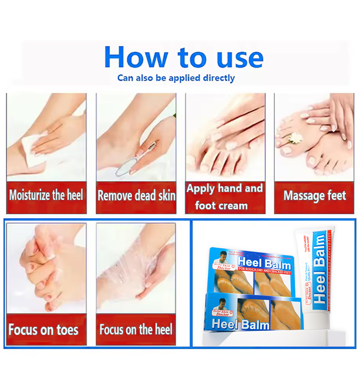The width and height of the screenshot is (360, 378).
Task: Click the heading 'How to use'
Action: pyautogui.click(x=183, y=57)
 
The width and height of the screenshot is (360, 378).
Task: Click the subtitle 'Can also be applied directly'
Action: pyautogui.click(x=176, y=78)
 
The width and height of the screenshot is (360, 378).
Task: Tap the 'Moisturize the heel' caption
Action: pyautogui.click(x=46, y=195)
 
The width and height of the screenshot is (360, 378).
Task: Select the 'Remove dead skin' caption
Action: pyautogui.click(x=136, y=196)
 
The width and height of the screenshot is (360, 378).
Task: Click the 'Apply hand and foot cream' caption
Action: pyautogui.click(x=225, y=197)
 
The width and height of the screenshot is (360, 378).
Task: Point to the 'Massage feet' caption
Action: pyautogui.click(x=314, y=196)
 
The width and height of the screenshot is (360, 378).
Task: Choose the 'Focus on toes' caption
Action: pyautogui.click(x=43, y=330)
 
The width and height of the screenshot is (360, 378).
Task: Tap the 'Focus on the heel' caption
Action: pyautogui.click(x=136, y=330)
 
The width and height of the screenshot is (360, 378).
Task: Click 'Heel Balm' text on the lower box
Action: pyautogui.click(x=241, y=324)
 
